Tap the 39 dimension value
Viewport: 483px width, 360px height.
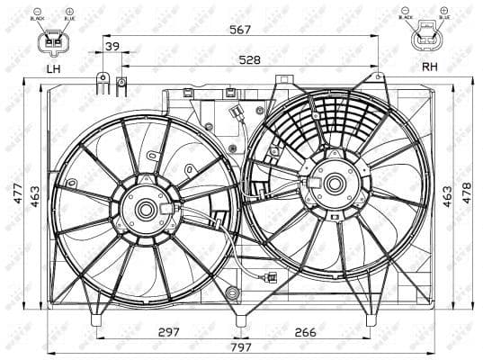pos(112,46)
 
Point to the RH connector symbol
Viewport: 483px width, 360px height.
pos(426,37)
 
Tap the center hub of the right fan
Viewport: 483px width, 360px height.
pos(334,184)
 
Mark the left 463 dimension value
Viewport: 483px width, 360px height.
pos(35,200)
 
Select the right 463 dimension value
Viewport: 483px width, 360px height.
pos(447,193)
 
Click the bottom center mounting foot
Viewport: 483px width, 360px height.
pos(239,319)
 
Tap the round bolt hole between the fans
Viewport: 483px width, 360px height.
pos(234,292)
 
